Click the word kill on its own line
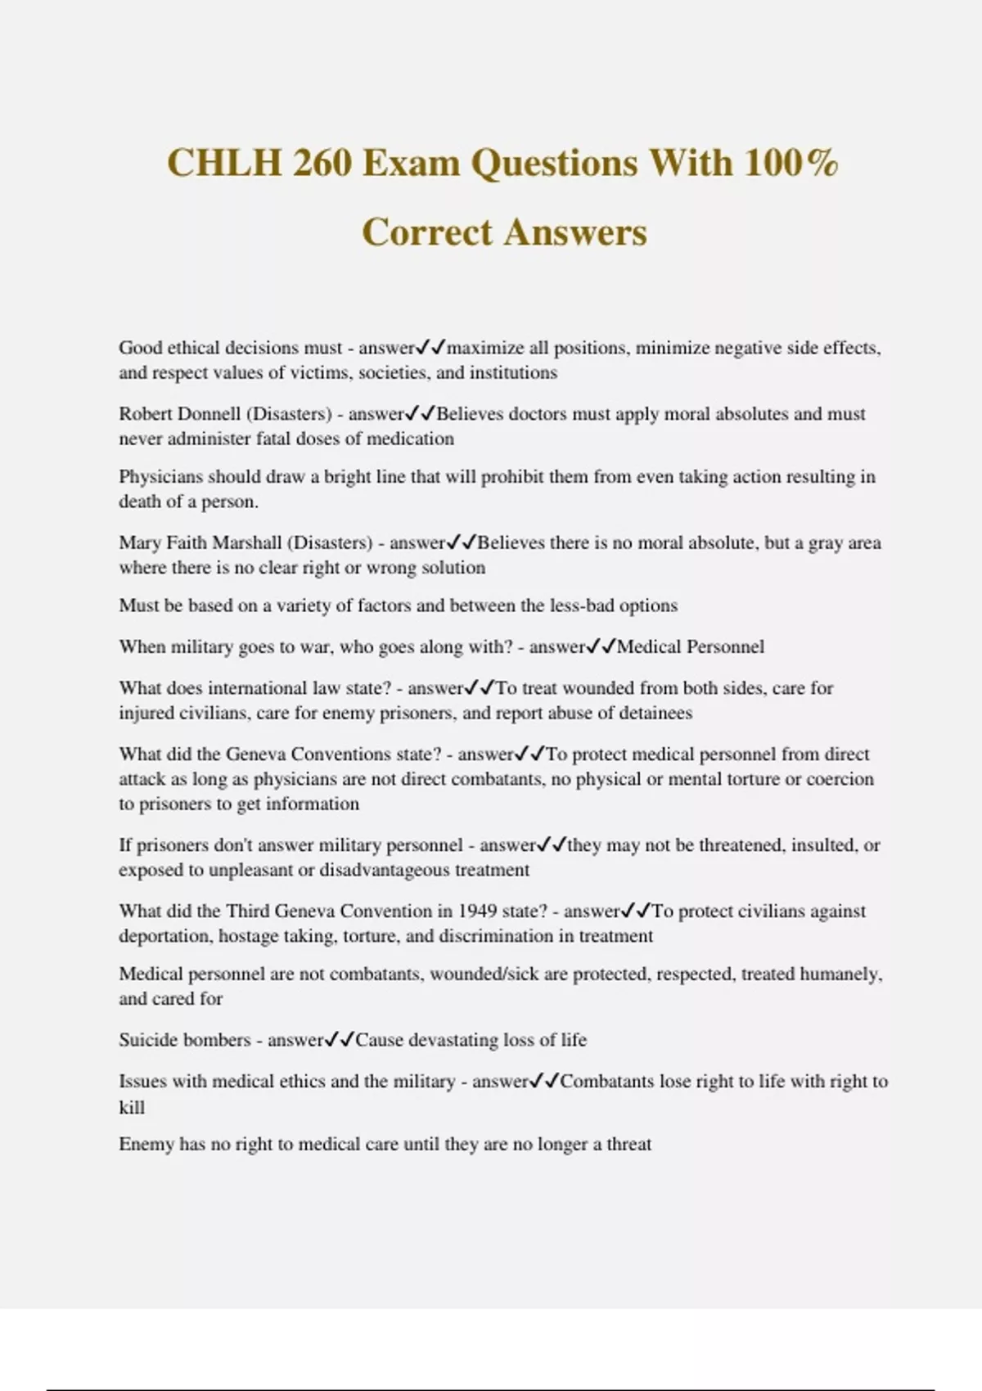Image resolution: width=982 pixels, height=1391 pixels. pyautogui.click(x=132, y=1107)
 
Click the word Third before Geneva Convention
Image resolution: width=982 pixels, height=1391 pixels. pyautogui.click(x=247, y=912)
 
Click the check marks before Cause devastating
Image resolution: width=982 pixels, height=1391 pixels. pyautogui.click(x=340, y=1040)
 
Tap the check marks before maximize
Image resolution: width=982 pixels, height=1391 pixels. pyautogui.click(x=431, y=348)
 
